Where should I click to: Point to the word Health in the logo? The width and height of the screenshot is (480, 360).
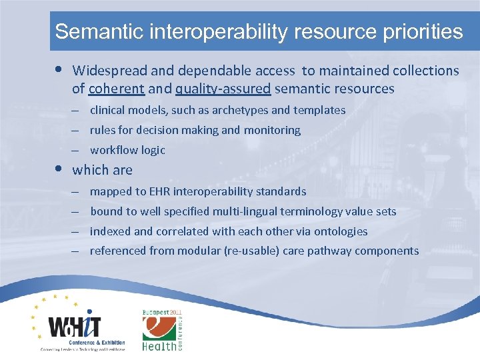pyautogui.click(x=159, y=346)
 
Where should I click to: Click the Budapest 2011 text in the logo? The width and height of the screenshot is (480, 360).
pyautogui.click(x=161, y=312)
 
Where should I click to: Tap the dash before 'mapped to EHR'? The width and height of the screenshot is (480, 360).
pyautogui.click(x=77, y=191)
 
